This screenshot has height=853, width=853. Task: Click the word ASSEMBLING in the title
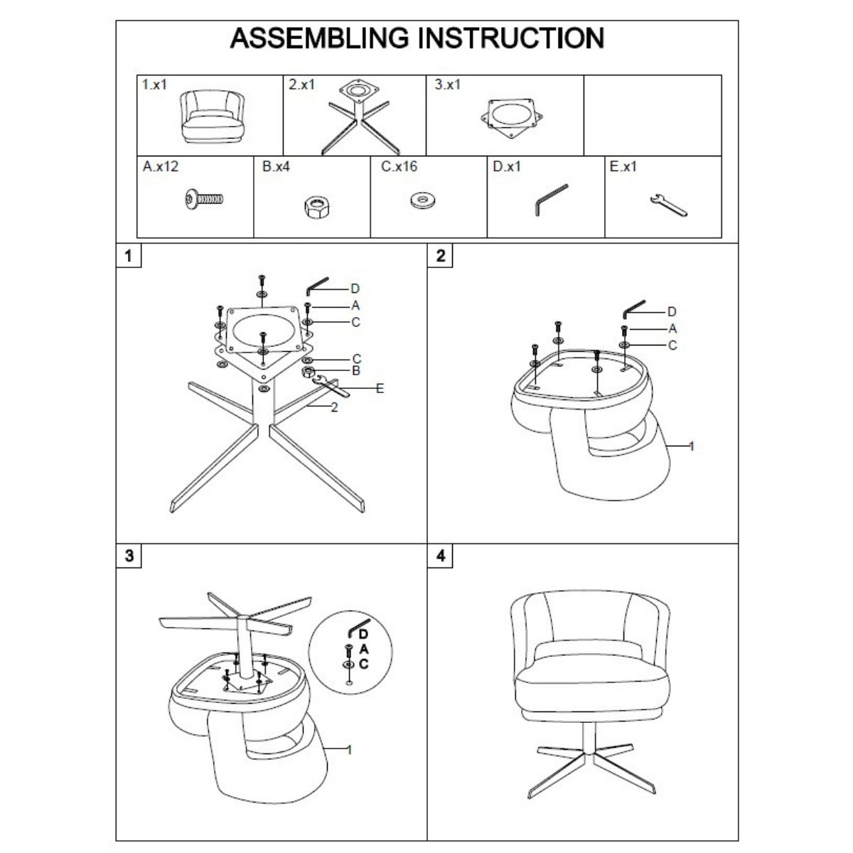(x=319, y=38)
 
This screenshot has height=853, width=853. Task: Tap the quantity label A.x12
(x=160, y=166)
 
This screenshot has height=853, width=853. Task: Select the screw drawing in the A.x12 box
(x=204, y=199)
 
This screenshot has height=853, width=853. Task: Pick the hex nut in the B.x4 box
(x=317, y=207)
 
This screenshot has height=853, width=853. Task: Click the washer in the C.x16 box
(x=422, y=200)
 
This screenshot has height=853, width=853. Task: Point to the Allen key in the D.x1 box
(x=550, y=200)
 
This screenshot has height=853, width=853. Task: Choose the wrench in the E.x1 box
(x=668, y=205)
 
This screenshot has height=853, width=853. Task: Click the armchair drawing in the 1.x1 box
(x=213, y=116)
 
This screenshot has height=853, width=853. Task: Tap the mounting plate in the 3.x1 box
(x=512, y=118)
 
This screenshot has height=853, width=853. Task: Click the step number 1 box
(x=129, y=255)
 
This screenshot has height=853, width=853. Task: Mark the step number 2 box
(x=441, y=255)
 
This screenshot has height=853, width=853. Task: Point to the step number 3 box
(x=129, y=556)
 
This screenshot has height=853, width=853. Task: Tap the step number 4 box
(x=441, y=556)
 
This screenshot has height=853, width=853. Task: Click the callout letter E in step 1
(x=380, y=389)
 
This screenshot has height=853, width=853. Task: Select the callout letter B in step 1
(x=356, y=371)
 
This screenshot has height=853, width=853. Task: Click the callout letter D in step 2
(x=672, y=312)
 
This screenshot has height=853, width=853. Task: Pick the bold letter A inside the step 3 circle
(x=364, y=650)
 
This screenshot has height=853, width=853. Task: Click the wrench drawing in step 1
(x=331, y=386)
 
